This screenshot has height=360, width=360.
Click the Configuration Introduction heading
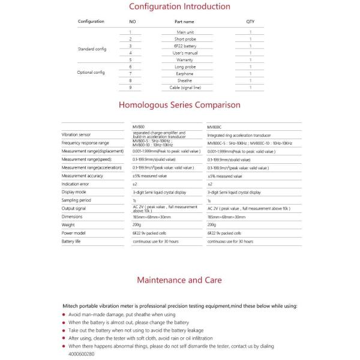tap(180, 7)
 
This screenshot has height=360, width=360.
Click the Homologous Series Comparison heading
tap(180, 104)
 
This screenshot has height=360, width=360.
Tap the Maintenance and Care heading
tap(179, 280)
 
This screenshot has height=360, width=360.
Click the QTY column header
tap(250, 22)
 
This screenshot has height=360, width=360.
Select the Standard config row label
tap(91, 49)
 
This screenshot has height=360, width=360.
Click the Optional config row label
tap(91, 72)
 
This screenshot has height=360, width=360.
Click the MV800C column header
tap(214, 127)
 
